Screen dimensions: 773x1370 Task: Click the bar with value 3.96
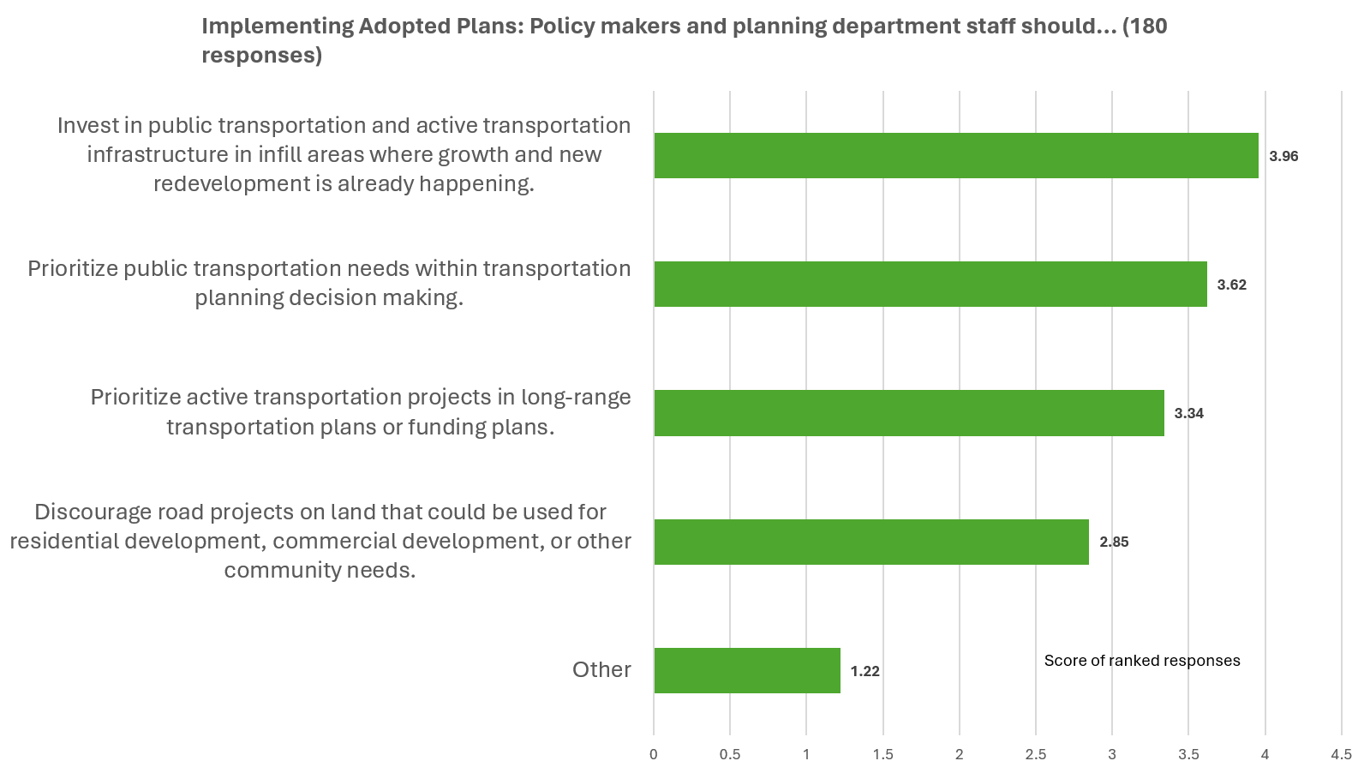click(x=955, y=156)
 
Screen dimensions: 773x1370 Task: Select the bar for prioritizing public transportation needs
click(x=930, y=285)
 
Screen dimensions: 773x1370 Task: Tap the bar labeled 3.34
click(x=908, y=413)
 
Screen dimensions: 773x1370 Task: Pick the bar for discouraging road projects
click(x=870, y=542)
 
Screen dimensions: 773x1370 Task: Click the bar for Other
click(x=746, y=670)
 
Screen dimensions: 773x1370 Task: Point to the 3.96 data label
click(x=1283, y=157)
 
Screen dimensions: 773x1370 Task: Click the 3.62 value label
click(x=1231, y=285)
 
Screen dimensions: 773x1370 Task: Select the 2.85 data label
click(x=1114, y=542)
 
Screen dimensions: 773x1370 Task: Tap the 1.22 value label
click(x=864, y=671)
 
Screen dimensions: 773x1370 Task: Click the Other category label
click(x=601, y=669)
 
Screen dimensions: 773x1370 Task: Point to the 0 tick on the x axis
click(x=654, y=755)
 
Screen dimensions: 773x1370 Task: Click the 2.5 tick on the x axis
click(x=1035, y=755)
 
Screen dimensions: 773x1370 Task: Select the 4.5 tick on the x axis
click(x=1341, y=755)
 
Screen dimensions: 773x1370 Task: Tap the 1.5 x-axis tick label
click(x=882, y=755)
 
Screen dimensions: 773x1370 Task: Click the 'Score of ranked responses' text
click(x=1141, y=661)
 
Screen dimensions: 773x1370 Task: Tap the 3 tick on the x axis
click(x=1112, y=755)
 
